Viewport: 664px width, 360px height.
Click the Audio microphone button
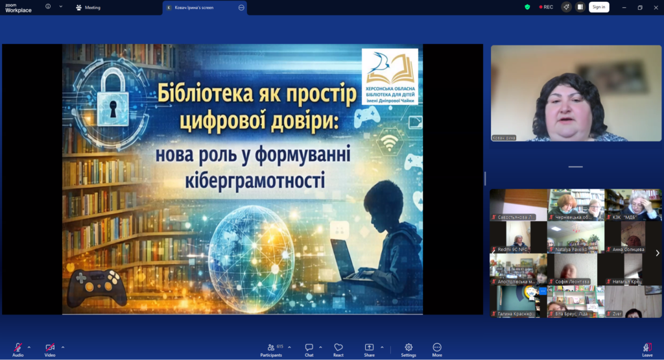[18, 348]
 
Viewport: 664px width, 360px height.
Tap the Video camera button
[50, 348]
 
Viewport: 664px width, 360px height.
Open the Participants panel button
[272, 348]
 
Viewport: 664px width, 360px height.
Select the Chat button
[309, 348]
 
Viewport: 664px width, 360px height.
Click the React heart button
[338, 348]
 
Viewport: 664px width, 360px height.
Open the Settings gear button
[409, 348]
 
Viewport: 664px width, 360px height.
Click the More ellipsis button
[437, 348]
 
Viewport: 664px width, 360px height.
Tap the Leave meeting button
[647, 348]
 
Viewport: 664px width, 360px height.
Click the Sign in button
[599, 7]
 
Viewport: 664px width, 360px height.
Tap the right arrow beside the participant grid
[657, 253]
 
